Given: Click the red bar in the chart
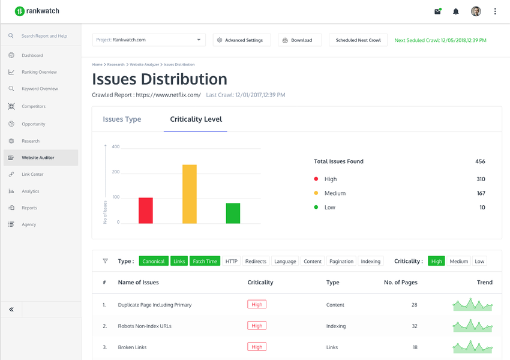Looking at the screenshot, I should coord(145,211).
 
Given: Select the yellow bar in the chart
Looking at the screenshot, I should coord(190,194).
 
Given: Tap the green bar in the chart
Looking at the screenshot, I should coord(233,213).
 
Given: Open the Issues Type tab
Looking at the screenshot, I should coord(122,119).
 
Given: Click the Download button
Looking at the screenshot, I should coord(300,40).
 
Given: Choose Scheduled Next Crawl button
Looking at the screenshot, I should coord(358,40).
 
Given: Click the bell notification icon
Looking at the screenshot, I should coord(456,11).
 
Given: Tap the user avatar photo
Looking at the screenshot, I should coord(476,11).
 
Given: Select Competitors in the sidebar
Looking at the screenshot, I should coord(34,106).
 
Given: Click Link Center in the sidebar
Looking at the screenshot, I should coord(32,175).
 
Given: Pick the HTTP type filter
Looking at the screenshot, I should coord(232,261).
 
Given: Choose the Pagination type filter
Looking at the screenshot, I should coord(341,261).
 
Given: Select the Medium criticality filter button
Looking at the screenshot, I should coord(459,261).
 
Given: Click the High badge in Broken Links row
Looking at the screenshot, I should coord(257,347).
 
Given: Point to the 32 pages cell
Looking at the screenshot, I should coord(415,326).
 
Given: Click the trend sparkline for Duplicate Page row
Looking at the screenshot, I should coord(473,305).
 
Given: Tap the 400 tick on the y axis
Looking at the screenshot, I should coord(116,147).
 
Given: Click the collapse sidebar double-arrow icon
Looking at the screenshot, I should coord(11,310).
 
